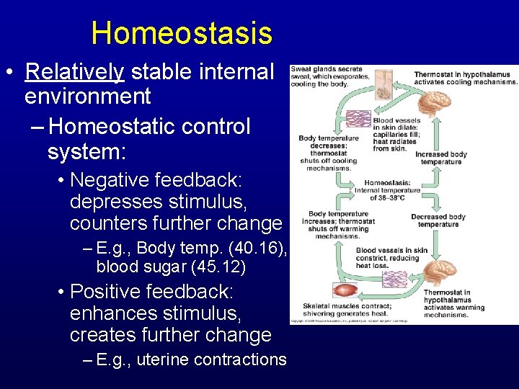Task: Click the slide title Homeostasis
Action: (x=182, y=33)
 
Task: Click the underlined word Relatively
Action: (x=74, y=72)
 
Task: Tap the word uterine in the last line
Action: (x=161, y=359)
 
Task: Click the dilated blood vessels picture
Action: (x=358, y=119)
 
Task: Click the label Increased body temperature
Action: (x=440, y=158)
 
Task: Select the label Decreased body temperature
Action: (x=438, y=220)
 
